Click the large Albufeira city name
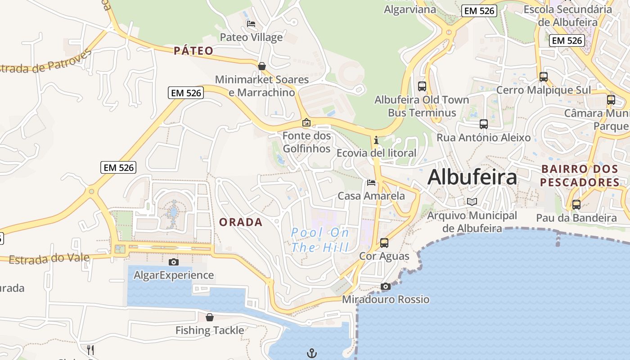[472, 177]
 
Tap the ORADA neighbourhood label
[241, 222]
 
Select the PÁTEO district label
[193, 51]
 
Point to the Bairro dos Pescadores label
[580, 175]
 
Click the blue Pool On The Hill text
[320, 240]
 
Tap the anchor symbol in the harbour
[312, 353]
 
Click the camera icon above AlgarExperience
[174, 262]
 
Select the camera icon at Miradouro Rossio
[386, 286]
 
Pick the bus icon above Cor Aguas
[384, 243]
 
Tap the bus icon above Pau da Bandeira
[576, 205]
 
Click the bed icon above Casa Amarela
[371, 183]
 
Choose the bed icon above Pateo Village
[251, 24]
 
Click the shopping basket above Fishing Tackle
[210, 317]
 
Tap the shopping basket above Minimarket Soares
[262, 67]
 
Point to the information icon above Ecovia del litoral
[376, 140]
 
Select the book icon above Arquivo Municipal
[472, 202]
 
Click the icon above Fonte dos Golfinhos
[306, 122]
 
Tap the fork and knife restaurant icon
[90, 350]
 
